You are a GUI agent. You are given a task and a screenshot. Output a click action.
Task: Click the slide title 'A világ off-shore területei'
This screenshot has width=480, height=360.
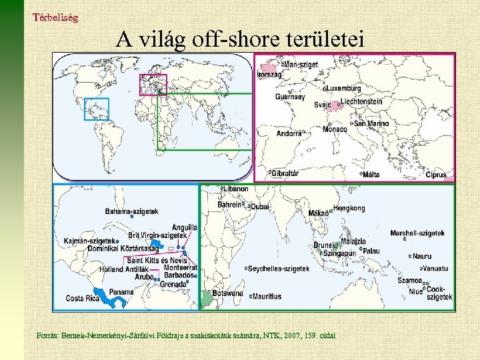[x=239, y=40]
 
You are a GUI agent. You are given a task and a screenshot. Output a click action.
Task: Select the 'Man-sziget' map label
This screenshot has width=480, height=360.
[x=301, y=65]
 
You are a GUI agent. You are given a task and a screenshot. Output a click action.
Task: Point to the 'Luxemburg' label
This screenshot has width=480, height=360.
[x=344, y=88]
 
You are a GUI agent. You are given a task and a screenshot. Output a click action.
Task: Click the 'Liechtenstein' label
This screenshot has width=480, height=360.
[x=361, y=102]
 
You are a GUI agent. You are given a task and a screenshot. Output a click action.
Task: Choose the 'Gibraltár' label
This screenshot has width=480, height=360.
[x=285, y=173]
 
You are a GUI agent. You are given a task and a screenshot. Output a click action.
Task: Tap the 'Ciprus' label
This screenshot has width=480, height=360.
[x=436, y=175]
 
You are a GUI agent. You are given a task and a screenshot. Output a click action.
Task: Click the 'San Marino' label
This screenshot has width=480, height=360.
[x=372, y=123]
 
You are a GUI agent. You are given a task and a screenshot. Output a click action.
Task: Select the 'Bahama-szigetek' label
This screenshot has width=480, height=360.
[x=132, y=211]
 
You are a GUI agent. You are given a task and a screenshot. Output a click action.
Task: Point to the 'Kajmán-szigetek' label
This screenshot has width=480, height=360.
[x=90, y=241]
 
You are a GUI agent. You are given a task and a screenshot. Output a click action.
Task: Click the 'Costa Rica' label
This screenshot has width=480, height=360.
[x=83, y=299]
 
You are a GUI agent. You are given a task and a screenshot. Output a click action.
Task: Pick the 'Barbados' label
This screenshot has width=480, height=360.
[x=179, y=275]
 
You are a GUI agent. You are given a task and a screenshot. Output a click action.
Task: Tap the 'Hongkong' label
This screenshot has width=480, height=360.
[x=349, y=208]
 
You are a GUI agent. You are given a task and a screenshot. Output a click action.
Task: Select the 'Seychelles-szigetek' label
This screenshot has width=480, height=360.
[x=279, y=269]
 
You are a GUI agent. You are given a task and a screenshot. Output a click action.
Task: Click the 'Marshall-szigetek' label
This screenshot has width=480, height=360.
[x=417, y=233]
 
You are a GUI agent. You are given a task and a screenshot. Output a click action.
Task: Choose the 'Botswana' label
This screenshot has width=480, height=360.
[x=227, y=293]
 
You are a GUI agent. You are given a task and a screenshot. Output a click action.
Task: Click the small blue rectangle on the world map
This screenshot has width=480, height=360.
[x=96, y=109]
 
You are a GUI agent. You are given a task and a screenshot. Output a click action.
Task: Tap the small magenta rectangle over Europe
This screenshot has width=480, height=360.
[x=153, y=85]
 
